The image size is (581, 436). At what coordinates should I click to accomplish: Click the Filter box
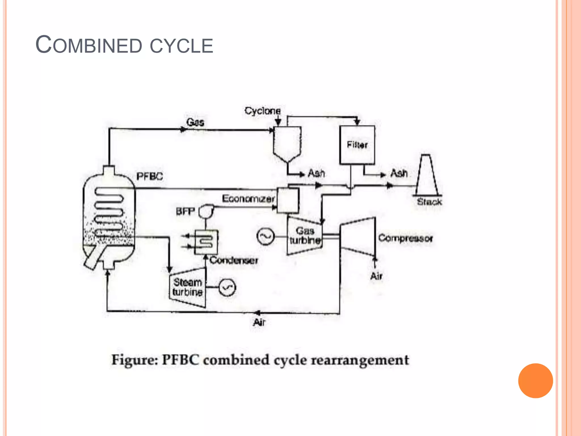357,145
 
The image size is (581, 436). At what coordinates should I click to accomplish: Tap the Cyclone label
262,111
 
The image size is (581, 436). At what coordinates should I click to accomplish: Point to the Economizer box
288,200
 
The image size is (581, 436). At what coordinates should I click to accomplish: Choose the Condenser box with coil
206,242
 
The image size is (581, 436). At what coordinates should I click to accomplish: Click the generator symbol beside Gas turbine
266,236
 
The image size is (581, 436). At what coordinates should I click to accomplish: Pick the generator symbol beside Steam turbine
227,288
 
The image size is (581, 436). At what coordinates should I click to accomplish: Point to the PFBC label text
150,176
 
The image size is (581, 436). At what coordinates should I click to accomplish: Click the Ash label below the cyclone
316,173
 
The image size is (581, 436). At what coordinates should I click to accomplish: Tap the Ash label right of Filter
399,173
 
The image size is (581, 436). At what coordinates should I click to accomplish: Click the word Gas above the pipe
195,122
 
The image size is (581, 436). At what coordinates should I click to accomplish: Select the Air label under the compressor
376,276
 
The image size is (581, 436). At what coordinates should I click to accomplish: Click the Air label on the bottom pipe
259,322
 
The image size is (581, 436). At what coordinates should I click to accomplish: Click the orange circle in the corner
535,381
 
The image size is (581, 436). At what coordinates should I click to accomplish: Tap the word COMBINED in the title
89,45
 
